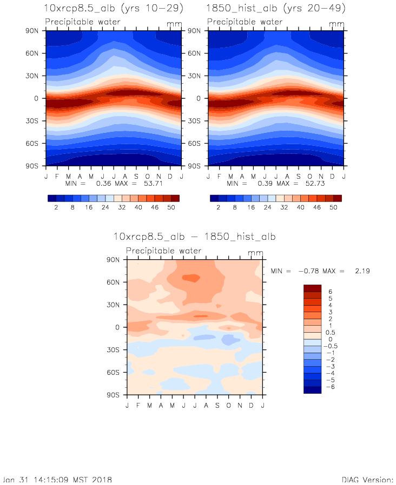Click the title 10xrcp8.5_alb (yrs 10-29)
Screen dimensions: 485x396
(113, 9)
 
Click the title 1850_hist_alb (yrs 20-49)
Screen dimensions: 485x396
(276, 9)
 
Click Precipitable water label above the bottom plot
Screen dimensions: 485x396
(163, 251)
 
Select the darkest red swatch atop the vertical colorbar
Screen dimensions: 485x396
(312, 288)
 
